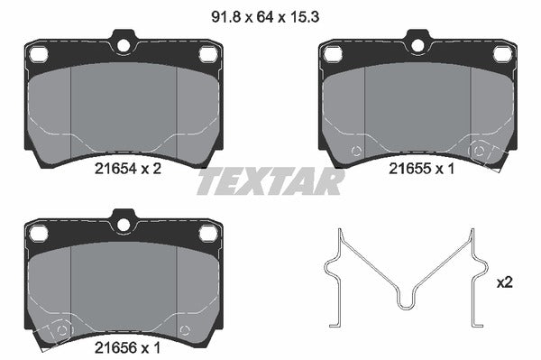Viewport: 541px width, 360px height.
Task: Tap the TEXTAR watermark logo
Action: (x=270, y=182)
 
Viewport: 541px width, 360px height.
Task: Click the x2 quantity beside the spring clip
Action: (x=504, y=282)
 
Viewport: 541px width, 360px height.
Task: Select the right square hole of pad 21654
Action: (x=206, y=55)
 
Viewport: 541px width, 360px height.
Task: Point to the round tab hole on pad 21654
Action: (x=123, y=42)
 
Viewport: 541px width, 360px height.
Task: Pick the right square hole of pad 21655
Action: (x=500, y=55)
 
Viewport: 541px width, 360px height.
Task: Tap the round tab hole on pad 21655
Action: (x=417, y=42)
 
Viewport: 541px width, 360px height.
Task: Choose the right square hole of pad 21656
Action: (x=206, y=234)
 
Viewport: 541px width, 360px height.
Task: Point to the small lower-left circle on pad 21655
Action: (x=354, y=150)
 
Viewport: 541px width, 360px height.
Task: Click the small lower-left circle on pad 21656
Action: (x=60, y=329)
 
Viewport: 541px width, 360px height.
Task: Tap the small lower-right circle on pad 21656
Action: (x=185, y=329)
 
